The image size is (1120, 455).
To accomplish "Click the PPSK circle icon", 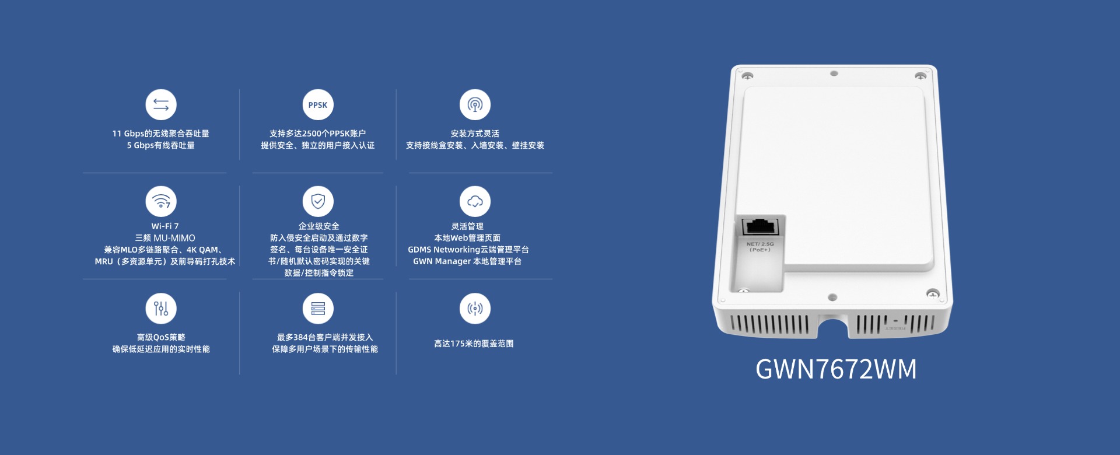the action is (x=318, y=105).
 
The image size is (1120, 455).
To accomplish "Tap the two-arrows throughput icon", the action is (x=161, y=105).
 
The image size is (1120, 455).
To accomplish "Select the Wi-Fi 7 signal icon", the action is (x=161, y=201).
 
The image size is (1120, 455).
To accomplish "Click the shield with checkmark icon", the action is (x=318, y=201).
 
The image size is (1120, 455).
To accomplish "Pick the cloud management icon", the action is (x=475, y=201).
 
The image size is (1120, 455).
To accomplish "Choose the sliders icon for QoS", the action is (x=161, y=308).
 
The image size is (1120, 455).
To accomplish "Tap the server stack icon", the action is (x=318, y=308).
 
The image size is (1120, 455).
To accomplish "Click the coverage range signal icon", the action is (x=475, y=308).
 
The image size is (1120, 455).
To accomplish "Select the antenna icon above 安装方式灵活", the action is (x=475, y=105).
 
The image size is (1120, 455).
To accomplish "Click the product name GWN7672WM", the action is (x=836, y=369).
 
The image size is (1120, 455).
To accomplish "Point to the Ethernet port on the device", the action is (x=761, y=226).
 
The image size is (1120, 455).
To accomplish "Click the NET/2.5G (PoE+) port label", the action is (x=760, y=247).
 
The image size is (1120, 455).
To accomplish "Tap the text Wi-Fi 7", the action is (x=165, y=226).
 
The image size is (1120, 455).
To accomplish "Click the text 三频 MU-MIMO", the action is (x=165, y=238).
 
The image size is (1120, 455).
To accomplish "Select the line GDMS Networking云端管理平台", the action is (x=468, y=250).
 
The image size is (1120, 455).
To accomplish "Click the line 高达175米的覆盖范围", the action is (x=474, y=344).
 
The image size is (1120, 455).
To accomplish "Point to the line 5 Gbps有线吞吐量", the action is (x=161, y=145).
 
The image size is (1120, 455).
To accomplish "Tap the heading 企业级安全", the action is (x=318, y=226).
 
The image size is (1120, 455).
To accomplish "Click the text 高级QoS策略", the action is (x=161, y=337).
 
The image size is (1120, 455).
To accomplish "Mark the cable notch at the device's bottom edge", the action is (x=833, y=327).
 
